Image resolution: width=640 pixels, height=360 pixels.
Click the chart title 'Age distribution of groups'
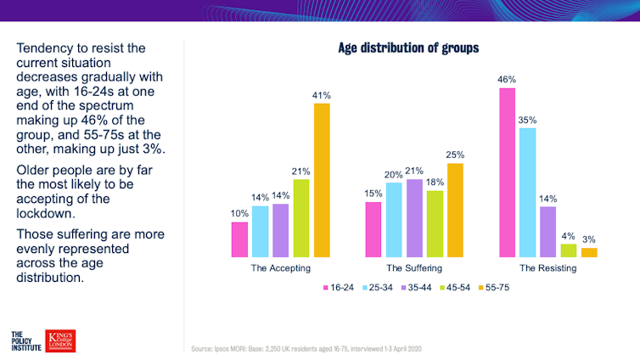tap(408, 48)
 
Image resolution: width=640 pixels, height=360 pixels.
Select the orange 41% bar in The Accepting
tap(322, 179)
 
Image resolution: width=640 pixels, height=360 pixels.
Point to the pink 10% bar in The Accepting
tap(239, 239)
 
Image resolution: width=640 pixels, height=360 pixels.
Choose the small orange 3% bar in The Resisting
tap(589, 252)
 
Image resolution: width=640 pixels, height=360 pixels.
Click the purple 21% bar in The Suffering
tap(415, 217)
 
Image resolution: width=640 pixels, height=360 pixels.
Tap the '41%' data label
tap(322, 94)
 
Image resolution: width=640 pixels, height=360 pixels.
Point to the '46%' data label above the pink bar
tap(507, 79)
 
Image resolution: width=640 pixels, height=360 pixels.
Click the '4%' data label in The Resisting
tap(569, 236)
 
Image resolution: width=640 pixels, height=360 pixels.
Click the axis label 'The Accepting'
tap(280, 269)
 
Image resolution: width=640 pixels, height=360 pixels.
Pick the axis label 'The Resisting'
tap(548, 269)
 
